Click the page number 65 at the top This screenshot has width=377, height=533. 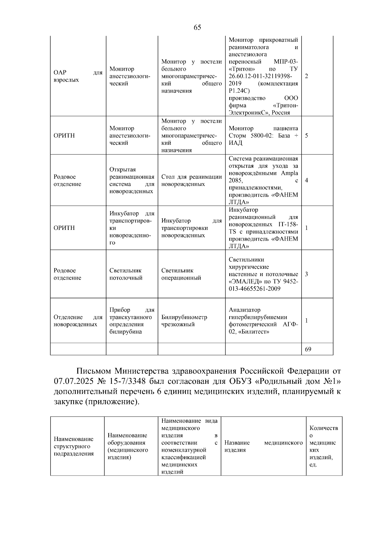[197, 27]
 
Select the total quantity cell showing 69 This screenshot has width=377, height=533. [308, 349]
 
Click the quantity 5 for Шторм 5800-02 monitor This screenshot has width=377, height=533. [306, 136]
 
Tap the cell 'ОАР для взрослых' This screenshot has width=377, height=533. [78, 76]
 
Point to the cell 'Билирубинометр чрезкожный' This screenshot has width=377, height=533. [184, 321]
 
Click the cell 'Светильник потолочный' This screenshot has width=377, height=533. [126, 274]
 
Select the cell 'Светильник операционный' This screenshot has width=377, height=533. [181, 274]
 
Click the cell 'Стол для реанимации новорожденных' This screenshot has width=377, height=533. [191, 181]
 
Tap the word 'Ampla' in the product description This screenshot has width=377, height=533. [289, 173]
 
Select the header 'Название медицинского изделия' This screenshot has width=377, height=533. [263, 446]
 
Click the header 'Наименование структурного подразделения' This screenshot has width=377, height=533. [74, 446]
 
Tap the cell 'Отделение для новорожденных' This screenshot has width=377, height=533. [78, 321]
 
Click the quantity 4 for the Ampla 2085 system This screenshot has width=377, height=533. [306, 181]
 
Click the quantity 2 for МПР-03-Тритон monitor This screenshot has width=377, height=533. [306, 76]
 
